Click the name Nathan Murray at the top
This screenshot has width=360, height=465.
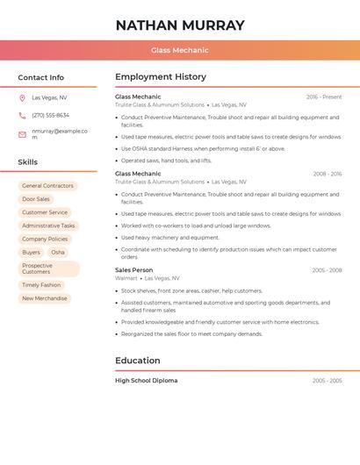click(x=180, y=25)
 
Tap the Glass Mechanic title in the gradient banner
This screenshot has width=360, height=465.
click(x=180, y=51)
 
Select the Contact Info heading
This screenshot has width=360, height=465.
click(x=41, y=77)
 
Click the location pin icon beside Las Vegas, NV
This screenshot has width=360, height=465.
click(x=22, y=98)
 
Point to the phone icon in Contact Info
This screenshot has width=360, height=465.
click(x=22, y=116)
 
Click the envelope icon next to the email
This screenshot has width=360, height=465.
click(x=22, y=134)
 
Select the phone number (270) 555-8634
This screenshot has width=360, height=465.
click(x=50, y=116)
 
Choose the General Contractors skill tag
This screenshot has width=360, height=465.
click(x=47, y=186)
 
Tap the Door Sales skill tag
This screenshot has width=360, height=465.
click(x=36, y=199)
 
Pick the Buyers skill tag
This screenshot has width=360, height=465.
click(x=31, y=253)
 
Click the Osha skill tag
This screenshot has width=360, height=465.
click(x=58, y=253)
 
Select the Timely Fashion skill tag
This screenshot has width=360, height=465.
click(x=41, y=285)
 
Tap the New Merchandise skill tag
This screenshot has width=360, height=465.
click(x=44, y=298)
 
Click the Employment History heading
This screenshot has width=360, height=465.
click(x=161, y=77)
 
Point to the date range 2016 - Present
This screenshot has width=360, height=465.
click(x=324, y=97)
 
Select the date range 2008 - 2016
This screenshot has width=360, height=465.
click(x=327, y=174)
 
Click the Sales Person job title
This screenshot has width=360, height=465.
click(x=133, y=270)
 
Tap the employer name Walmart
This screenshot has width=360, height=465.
click(x=126, y=278)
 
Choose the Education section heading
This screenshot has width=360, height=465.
click(x=138, y=361)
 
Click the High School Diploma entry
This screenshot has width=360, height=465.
click(x=146, y=381)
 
